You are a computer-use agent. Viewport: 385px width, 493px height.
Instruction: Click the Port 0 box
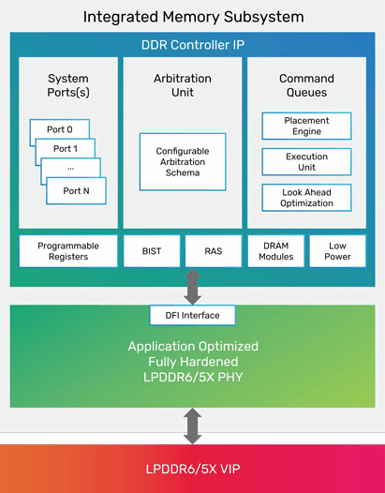click(60, 129)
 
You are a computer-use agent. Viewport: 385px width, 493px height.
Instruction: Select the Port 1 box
click(66, 148)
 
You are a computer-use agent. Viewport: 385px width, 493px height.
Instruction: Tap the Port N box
click(77, 191)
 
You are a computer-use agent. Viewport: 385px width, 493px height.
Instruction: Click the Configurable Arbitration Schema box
click(183, 162)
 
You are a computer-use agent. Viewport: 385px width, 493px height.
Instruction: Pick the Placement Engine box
click(306, 126)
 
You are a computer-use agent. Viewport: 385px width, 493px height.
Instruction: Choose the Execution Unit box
click(306, 161)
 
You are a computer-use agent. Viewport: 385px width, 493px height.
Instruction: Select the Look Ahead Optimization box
click(306, 198)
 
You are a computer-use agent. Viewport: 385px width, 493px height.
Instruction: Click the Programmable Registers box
click(68, 251)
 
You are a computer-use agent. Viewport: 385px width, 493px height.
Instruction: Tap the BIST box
click(152, 251)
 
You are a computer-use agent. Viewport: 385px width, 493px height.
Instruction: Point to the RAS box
click(214, 251)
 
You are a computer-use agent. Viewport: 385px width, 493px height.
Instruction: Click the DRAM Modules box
click(276, 251)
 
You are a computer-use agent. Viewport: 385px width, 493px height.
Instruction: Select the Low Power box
click(337, 251)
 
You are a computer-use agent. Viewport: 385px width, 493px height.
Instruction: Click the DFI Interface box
click(192, 315)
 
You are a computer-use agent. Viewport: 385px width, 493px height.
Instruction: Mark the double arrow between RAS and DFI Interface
click(192, 287)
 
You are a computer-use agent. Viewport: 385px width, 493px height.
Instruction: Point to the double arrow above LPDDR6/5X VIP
click(192, 426)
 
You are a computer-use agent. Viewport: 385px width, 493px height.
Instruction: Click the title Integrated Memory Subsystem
click(193, 17)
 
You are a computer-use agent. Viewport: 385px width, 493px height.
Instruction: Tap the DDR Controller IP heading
click(193, 45)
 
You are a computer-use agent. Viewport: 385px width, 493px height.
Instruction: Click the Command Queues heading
click(306, 85)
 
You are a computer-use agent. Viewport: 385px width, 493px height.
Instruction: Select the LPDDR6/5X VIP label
click(193, 469)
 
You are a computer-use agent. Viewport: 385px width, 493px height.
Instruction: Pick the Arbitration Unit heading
click(183, 85)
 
